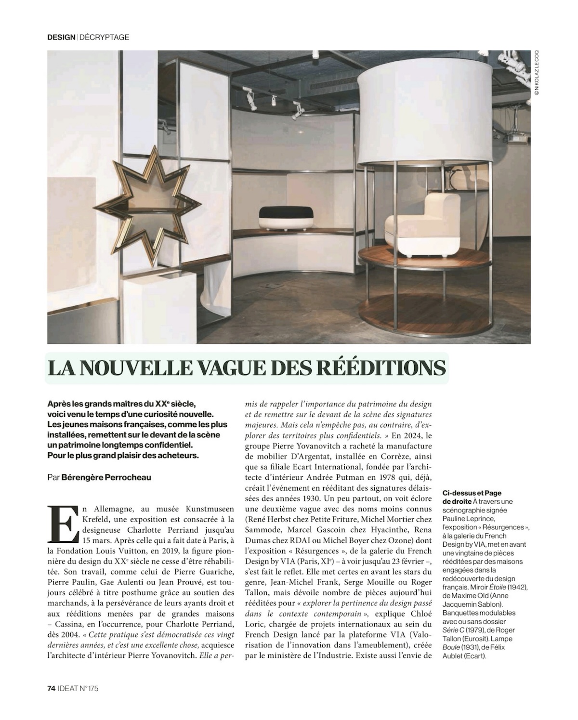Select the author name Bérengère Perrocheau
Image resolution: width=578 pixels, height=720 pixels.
point(106,478)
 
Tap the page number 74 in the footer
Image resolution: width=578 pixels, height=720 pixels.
point(52,689)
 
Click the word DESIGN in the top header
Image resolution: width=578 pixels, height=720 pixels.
point(61,37)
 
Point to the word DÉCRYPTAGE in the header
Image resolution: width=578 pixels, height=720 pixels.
point(104,37)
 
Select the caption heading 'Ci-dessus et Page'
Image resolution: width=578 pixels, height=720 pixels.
point(472,493)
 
